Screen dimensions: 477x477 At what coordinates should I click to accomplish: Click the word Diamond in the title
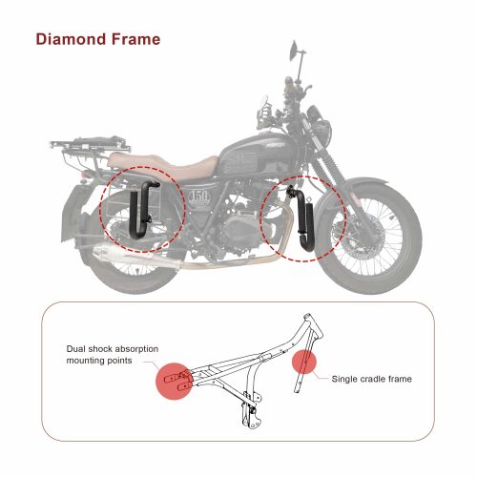71,39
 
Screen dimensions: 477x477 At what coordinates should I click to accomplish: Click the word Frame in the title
135,39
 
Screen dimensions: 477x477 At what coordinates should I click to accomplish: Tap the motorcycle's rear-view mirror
295,49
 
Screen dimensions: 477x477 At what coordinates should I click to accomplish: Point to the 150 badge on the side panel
199,197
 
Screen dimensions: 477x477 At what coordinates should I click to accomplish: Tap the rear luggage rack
91,144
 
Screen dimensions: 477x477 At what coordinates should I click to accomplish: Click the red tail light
84,176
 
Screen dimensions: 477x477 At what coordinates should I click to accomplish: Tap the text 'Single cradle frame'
371,379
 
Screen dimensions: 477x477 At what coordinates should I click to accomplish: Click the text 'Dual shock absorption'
113,349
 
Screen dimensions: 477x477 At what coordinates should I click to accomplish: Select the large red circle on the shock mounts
174,381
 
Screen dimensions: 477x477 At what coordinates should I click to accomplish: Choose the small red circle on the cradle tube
304,362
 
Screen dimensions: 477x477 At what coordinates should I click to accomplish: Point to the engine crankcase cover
240,229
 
